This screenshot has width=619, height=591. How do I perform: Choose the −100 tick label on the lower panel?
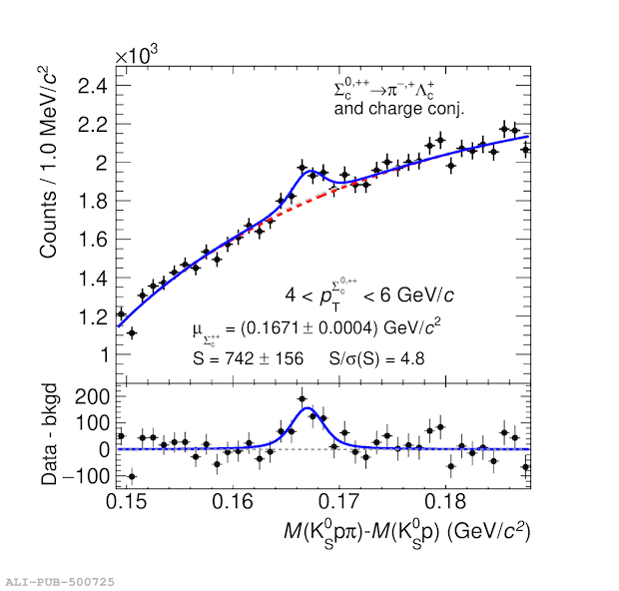(x=80, y=476)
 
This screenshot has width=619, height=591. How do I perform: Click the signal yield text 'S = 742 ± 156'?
(x=248, y=358)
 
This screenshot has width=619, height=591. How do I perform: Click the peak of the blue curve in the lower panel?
(x=307, y=408)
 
